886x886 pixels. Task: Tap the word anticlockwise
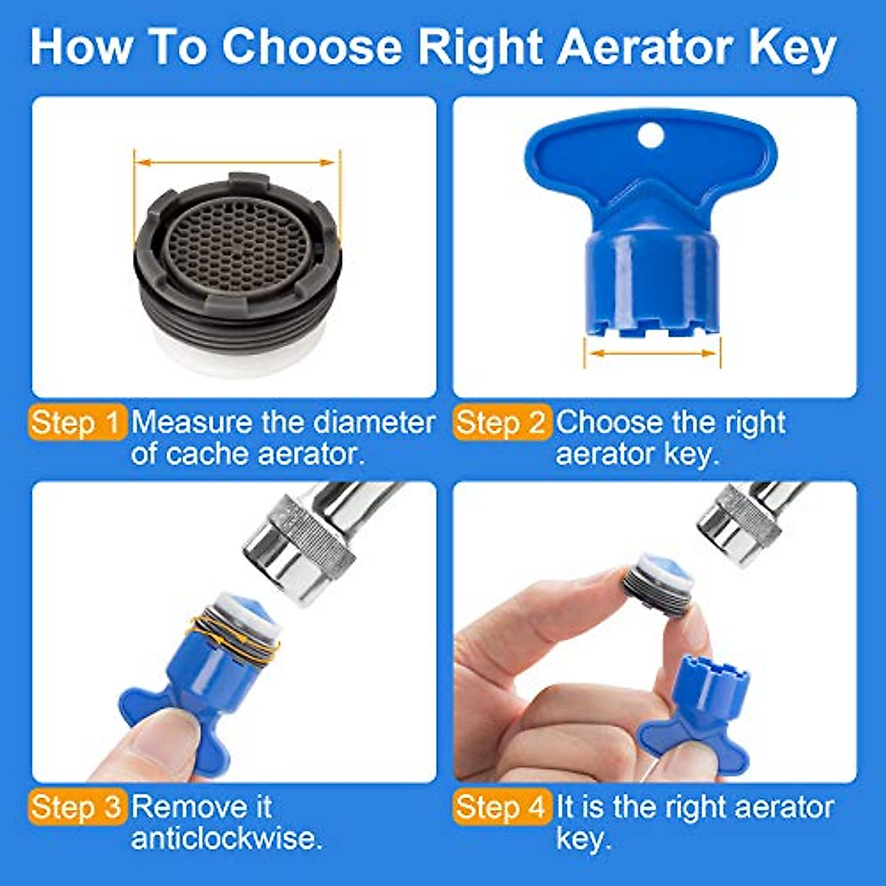(x=227, y=839)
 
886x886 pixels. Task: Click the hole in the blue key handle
(x=650, y=134)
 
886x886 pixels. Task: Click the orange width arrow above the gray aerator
(x=237, y=161)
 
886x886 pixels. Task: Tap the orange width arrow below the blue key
(x=653, y=354)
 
